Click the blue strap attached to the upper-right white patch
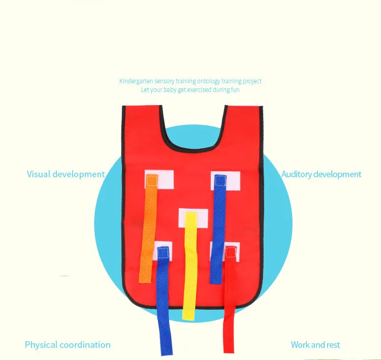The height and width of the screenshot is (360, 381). point(218,223)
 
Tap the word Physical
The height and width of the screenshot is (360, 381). point(41,345)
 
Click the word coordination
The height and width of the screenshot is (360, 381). point(84,345)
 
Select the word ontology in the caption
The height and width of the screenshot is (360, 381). point(205,81)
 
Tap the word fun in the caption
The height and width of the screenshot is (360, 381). point(235,90)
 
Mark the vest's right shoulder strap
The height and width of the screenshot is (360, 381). point(242,119)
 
